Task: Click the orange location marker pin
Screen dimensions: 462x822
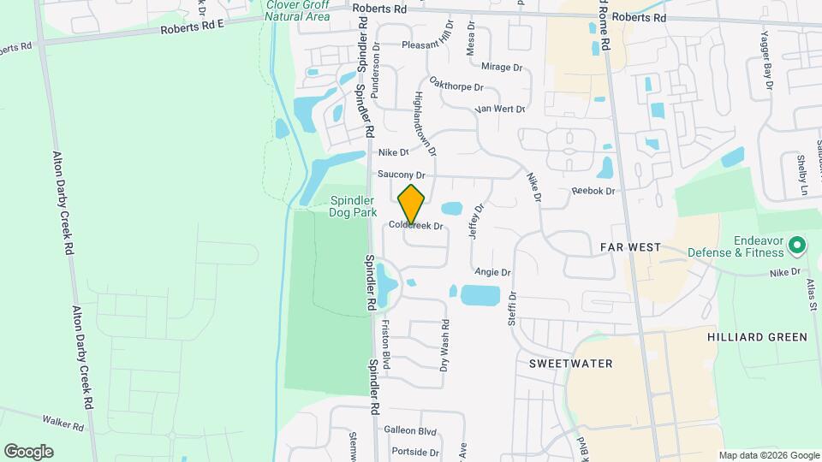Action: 412,204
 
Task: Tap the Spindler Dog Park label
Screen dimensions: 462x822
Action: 354,206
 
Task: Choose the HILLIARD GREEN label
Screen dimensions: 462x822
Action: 757,337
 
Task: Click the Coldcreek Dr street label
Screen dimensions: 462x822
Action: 415,227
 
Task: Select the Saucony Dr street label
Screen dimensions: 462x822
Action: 402,175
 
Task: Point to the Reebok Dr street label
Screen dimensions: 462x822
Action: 593,191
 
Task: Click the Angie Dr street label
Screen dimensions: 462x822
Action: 492,272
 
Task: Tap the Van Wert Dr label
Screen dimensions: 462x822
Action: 498,110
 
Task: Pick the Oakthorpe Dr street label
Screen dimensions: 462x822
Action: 456,87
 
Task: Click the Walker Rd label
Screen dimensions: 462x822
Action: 65,422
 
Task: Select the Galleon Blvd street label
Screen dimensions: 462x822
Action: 410,431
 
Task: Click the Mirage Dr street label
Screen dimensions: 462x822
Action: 501,67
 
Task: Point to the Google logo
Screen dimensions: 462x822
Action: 28,452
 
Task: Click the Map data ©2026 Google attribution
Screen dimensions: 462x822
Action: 768,455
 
